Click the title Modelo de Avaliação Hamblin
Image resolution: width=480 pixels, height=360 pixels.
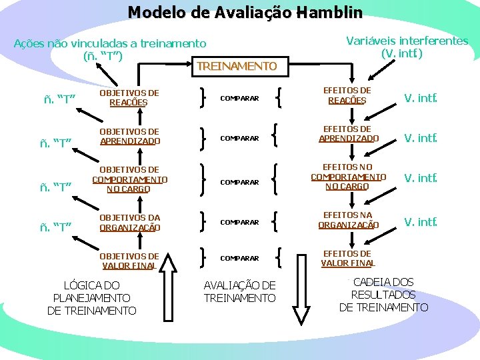245,13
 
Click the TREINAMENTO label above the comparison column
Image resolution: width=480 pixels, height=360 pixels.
237,66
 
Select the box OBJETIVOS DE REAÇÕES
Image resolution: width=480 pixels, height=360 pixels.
129,98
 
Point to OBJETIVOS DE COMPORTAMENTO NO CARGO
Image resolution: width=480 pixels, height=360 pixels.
129,179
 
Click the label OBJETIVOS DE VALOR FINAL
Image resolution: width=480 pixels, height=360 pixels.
129,261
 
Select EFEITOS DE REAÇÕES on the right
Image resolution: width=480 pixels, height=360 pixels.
347,95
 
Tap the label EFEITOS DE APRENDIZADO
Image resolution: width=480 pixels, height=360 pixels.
348,133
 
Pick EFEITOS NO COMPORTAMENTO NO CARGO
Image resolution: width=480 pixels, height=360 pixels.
348,177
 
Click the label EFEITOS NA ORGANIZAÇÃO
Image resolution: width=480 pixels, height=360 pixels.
348,220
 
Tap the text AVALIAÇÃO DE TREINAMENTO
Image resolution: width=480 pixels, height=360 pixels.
239,291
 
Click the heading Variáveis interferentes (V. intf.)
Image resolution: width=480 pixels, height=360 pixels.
407,46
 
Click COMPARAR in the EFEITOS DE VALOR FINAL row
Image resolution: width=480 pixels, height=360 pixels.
239,258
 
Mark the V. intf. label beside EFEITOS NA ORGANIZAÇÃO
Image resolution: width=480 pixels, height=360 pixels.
421,221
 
